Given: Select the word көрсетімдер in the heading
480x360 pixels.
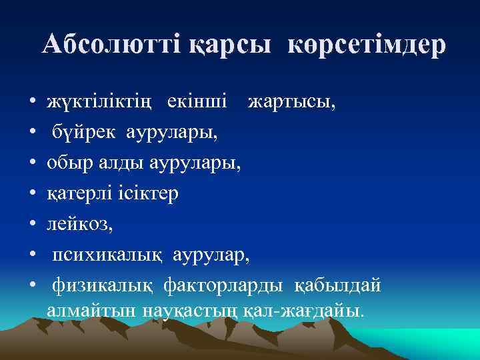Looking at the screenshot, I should (367, 45).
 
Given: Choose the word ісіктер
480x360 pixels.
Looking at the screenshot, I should (149, 193).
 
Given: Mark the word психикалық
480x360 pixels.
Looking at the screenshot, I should (110, 254).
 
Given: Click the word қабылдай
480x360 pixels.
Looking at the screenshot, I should (338, 285).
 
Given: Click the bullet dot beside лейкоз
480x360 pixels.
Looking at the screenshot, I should (32, 225).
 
